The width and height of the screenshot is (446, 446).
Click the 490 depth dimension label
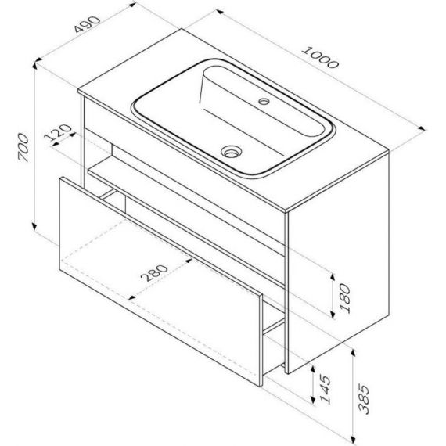(x=87, y=24)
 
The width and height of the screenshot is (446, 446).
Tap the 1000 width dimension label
(x=320, y=58)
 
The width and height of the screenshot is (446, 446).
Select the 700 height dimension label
(x=23, y=148)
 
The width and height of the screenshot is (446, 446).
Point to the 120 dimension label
(x=59, y=132)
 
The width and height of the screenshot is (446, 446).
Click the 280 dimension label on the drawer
(x=154, y=273)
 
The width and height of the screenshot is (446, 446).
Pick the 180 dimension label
(x=345, y=298)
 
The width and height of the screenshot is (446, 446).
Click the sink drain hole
(x=232, y=151)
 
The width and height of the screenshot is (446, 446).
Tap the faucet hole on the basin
(x=264, y=101)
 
